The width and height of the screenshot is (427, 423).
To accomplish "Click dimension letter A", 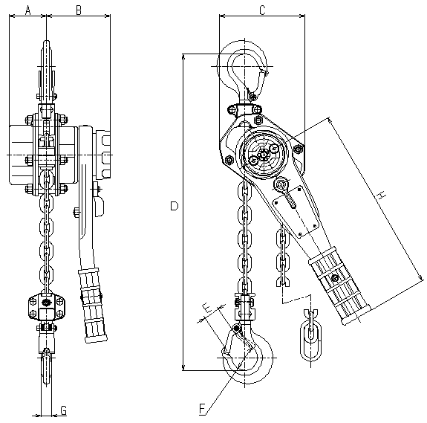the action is click(x=27, y=10).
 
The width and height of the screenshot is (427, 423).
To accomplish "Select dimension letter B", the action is click(x=79, y=10).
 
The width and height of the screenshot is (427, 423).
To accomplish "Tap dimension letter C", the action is click(x=262, y=10).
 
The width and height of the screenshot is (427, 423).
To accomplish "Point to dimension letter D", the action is click(x=175, y=206).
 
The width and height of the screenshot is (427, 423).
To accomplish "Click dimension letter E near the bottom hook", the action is click(x=207, y=308).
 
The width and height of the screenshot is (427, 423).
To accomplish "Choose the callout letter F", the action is click(x=202, y=409).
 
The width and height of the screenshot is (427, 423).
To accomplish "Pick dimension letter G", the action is click(x=63, y=410).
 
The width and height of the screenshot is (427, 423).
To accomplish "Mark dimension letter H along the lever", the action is click(x=382, y=196).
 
